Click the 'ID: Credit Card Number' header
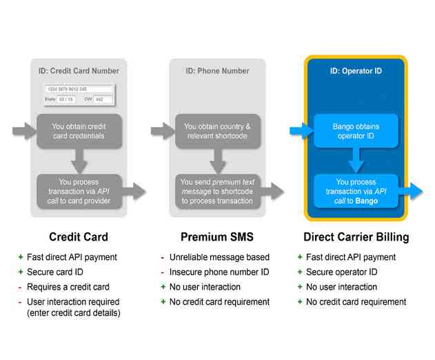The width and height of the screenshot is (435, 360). pos(79,70)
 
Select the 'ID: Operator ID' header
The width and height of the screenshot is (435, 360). pos(356,70)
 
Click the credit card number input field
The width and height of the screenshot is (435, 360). pos(78,89)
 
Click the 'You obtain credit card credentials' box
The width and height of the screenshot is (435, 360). pos(79,131)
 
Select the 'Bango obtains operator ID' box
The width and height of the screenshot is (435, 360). pos(356,131)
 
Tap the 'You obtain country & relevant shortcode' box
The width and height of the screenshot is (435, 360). pos(218,131)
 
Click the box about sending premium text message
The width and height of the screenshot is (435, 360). pos(218,191)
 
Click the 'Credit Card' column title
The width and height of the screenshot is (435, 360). pos(79,237)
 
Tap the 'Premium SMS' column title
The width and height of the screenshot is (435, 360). pos(217,237)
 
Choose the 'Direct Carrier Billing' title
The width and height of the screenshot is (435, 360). pos(356,237)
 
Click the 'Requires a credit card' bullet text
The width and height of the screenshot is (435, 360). pos(68,287)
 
